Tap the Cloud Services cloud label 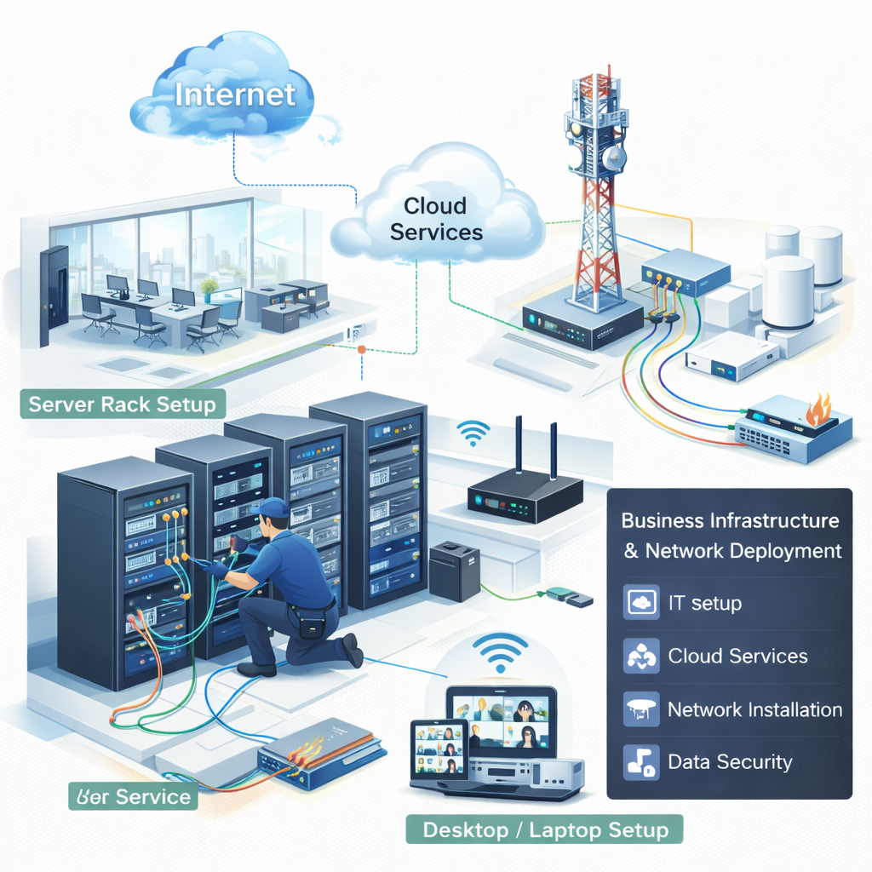coord(435,218)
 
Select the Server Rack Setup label coord(123,403)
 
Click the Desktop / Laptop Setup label coord(545,829)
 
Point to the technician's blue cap coord(273,508)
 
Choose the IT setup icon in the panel coord(641,603)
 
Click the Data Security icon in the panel coord(641,762)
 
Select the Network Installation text coord(754,709)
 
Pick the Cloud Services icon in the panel coord(641,657)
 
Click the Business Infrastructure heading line coord(730,520)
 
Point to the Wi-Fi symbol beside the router coord(473,433)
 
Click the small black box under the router coord(455,571)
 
